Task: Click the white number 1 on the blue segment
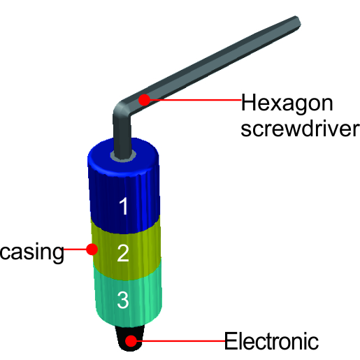(x=124, y=206)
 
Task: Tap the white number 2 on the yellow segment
(x=123, y=253)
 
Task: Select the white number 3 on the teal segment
(x=123, y=300)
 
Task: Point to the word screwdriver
(x=300, y=129)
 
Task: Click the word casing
(x=32, y=252)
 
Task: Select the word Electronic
(x=271, y=341)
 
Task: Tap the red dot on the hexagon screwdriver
(x=145, y=100)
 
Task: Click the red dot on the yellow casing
(x=92, y=250)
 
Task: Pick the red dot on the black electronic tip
(x=131, y=341)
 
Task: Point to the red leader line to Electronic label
(x=180, y=341)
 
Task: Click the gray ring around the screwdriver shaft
(x=124, y=159)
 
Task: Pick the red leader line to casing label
(x=75, y=250)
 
